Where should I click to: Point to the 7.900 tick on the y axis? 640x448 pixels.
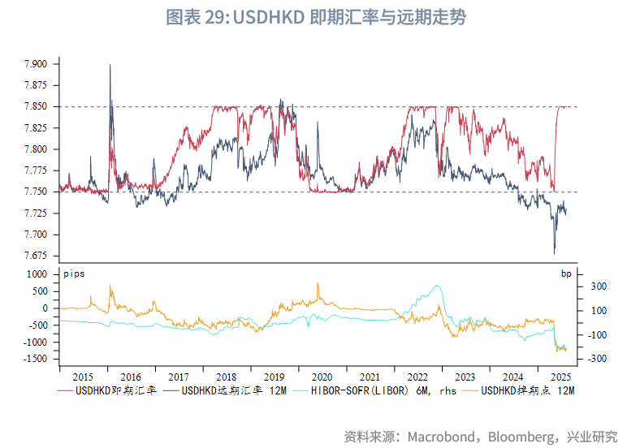(x=37, y=64)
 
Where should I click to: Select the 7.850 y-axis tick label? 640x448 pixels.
(x=37, y=106)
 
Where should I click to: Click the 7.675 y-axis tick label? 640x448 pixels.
(x=37, y=256)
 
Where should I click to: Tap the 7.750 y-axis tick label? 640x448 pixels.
(x=37, y=192)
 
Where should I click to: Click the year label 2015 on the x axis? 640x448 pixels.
(x=83, y=377)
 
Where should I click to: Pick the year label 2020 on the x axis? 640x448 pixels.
(x=322, y=377)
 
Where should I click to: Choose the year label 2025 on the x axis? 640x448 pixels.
(x=560, y=377)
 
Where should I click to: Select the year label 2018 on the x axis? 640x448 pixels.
(x=226, y=377)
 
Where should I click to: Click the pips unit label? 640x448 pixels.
(x=74, y=274)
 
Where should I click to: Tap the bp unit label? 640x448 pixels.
(x=566, y=274)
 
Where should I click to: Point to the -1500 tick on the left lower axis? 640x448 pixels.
(x=36, y=359)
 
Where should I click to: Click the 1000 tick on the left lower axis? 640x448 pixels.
(x=38, y=274)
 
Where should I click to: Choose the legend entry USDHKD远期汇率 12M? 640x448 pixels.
(x=231, y=391)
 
